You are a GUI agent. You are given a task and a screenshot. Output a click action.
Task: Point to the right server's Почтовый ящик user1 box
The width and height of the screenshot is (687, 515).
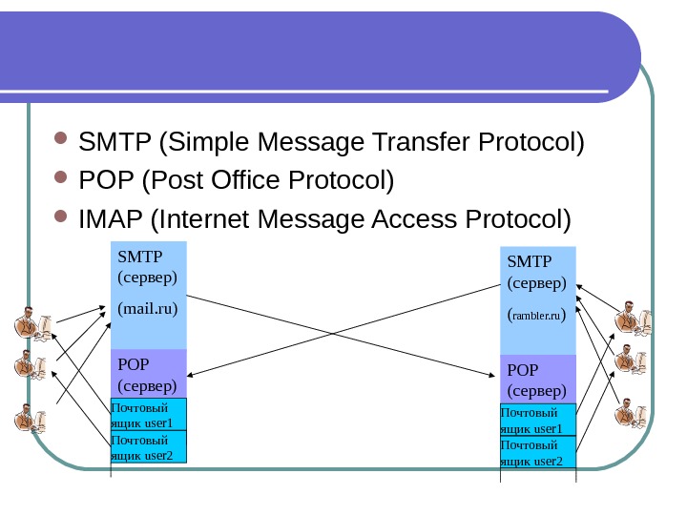point(538,421)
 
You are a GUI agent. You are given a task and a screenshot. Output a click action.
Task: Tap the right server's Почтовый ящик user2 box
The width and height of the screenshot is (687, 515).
point(538,453)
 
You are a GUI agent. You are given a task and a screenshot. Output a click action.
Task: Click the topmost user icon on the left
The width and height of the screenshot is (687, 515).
point(31,324)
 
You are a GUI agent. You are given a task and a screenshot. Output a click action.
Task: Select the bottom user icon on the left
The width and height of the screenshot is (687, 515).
point(31,418)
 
